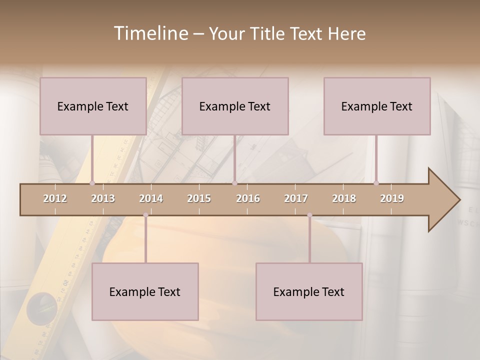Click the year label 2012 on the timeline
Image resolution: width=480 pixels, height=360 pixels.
(55, 198)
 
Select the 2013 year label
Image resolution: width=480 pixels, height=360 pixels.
(103, 198)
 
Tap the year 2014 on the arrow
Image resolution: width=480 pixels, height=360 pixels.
(151, 198)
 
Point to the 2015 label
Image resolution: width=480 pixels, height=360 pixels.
(199, 198)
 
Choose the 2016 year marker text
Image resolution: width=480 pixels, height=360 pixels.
(248, 198)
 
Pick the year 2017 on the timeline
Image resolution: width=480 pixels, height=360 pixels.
(296, 198)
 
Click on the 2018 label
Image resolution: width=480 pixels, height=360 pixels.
(344, 198)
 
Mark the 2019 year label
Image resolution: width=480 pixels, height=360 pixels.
(392, 198)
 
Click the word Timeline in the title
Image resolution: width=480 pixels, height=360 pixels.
(149, 33)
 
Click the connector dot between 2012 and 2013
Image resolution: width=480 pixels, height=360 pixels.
(92, 183)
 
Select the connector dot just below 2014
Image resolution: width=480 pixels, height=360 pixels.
(145, 215)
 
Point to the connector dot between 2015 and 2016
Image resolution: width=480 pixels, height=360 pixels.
(234, 183)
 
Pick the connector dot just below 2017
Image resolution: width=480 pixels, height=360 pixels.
(309, 215)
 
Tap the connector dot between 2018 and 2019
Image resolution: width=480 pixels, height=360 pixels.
(376, 183)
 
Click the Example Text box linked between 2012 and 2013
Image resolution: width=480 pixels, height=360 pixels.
(93, 106)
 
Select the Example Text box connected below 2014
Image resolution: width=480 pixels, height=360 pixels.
(145, 291)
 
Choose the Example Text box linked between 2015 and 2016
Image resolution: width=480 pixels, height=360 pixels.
(235, 106)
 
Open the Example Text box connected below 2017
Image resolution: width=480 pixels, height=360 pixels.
(309, 291)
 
